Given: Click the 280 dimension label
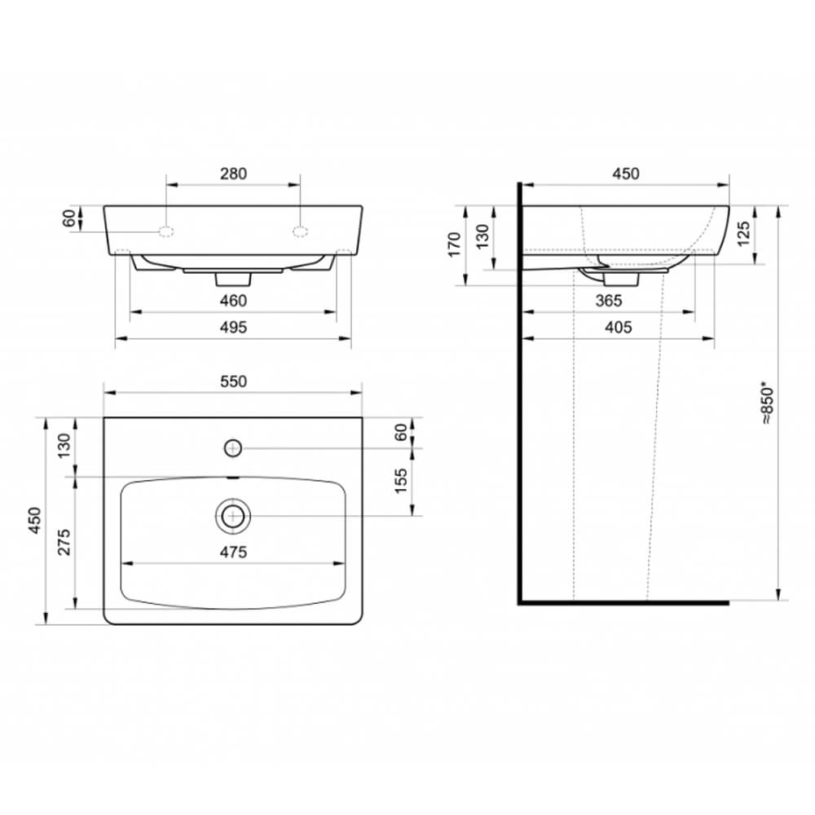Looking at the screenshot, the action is [233, 174].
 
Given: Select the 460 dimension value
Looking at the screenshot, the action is [233, 301].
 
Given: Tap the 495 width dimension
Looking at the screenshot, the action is [233, 328].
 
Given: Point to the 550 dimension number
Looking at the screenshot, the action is [233, 381].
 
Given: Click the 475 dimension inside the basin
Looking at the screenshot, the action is [233, 552].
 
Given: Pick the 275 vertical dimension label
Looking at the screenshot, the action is [64, 542].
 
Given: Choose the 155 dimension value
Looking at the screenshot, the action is [401, 482].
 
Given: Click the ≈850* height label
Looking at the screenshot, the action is [767, 405].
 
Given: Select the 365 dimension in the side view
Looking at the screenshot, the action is [609, 301].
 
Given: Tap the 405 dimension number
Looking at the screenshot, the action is [619, 328].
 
